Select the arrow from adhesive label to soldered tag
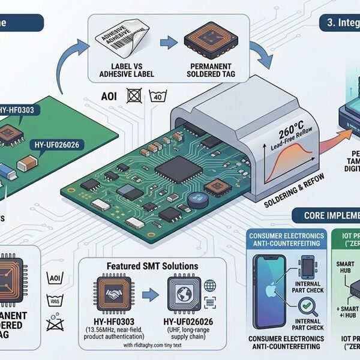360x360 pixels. click(x=170, y=43)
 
